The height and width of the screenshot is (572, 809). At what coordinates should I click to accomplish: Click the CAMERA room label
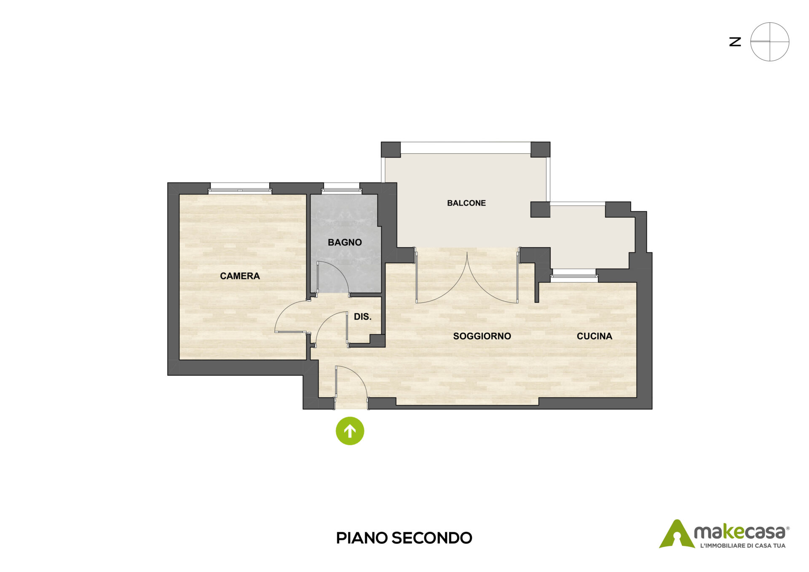pyautogui.click(x=240, y=276)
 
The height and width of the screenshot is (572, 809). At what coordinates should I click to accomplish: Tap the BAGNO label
pyautogui.click(x=345, y=242)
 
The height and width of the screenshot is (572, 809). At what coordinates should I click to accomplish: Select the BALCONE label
pyautogui.click(x=466, y=203)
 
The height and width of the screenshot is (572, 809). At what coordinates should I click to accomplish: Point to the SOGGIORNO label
pyautogui.click(x=482, y=336)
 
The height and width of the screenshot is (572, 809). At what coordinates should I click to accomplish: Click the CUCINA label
pyautogui.click(x=594, y=336)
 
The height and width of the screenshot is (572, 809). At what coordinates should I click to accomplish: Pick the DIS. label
pyautogui.click(x=363, y=317)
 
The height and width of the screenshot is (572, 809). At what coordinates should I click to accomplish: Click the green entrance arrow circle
pyautogui.click(x=350, y=431)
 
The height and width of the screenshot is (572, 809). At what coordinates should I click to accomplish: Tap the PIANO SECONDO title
pyautogui.click(x=404, y=538)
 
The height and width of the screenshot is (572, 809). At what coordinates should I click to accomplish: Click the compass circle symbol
pyautogui.click(x=770, y=42)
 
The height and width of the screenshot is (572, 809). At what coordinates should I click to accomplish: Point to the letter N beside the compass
pyautogui.click(x=735, y=42)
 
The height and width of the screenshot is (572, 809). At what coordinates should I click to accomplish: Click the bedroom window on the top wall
pyautogui.click(x=240, y=188)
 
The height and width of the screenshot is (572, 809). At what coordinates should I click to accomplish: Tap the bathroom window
pyautogui.click(x=341, y=188)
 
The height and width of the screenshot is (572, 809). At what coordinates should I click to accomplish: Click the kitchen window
pyautogui.click(x=574, y=275)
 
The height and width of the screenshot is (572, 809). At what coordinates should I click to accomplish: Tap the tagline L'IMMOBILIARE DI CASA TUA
pyautogui.click(x=742, y=545)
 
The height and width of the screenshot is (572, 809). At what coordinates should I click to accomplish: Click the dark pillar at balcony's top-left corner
pyautogui.click(x=391, y=150)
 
